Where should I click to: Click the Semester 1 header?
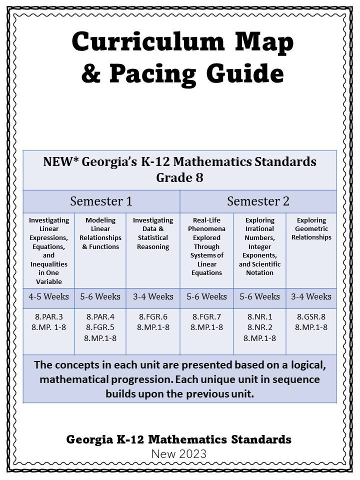(101, 201)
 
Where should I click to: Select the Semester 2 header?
(258, 201)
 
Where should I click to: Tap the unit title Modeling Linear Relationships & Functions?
(100, 233)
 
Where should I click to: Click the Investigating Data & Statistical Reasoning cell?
(153, 233)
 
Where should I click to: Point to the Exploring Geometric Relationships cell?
(311, 229)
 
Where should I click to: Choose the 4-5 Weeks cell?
(48, 296)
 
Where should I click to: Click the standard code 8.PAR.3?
(48, 316)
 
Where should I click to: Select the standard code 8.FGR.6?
(153, 316)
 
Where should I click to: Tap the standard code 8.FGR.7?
(206, 316)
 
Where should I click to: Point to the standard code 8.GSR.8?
(311, 316)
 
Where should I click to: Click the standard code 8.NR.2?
(259, 327)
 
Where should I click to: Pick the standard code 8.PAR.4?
(100, 316)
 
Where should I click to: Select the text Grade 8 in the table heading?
(179, 177)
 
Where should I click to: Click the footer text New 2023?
(179, 453)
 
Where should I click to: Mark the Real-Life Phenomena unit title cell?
(206, 246)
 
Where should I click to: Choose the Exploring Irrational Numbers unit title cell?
(259, 246)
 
